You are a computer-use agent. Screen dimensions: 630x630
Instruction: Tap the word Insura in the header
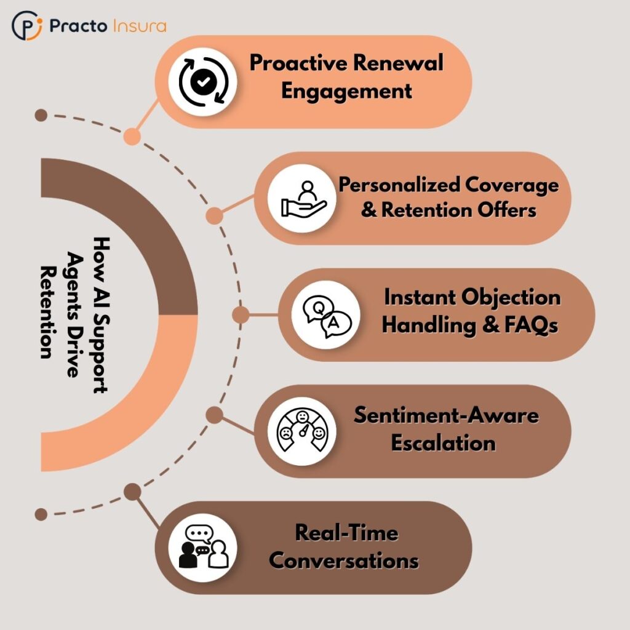click(140, 26)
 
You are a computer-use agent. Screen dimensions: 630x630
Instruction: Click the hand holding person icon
click(300, 198)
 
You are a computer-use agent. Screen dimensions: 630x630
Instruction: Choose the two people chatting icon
click(203, 547)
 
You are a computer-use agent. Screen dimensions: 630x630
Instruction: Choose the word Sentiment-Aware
click(445, 415)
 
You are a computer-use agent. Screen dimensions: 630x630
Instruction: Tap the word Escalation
click(443, 442)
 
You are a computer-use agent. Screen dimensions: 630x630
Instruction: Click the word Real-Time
click(346, 532)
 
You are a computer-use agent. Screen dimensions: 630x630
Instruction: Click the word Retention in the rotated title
click(48, 312)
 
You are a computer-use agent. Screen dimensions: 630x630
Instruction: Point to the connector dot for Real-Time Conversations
click(132, 492)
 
